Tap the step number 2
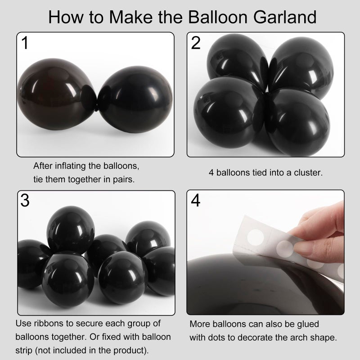tap(196, 43)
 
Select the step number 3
tap(25, 201)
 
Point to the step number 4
tap(196, 201)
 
